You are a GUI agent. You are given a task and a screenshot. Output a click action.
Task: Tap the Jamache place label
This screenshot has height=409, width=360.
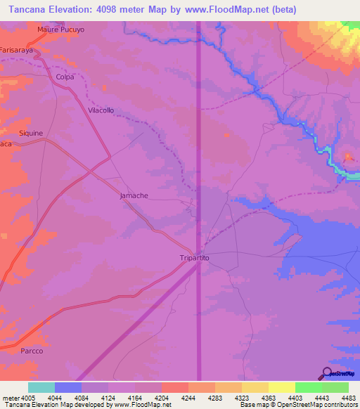click(134, 195)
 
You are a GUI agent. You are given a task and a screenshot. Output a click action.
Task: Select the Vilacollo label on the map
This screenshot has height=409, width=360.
click(101, 110)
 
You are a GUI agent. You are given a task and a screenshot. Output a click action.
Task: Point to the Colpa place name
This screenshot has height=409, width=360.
click(65, 77)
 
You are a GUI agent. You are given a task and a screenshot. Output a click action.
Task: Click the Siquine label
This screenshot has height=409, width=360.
click(31, 133)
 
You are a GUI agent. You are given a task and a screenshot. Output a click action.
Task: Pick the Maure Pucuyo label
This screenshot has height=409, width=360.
click(60, 30)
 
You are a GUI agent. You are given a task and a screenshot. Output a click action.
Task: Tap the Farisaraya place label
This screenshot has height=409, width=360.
click(17, 51)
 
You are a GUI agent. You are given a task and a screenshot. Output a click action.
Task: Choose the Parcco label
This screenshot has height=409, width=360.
click(32, 351)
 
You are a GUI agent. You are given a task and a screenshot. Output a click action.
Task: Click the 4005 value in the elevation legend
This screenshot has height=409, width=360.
click(25, 398)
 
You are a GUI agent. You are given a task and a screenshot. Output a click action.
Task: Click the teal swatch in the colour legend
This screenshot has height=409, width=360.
click(41, 387)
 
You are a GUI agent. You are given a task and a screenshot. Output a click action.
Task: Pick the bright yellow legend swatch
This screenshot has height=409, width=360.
click(281, 387)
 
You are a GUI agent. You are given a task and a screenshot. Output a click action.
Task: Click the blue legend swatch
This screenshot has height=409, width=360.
click(68, 387)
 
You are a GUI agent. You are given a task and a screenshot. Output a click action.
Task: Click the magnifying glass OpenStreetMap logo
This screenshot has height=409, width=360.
click(326, 374)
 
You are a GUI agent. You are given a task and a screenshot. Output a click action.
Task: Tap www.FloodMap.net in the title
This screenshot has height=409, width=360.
click(226, 9)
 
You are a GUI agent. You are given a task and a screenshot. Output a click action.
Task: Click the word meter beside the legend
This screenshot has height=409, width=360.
click(8, 398)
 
